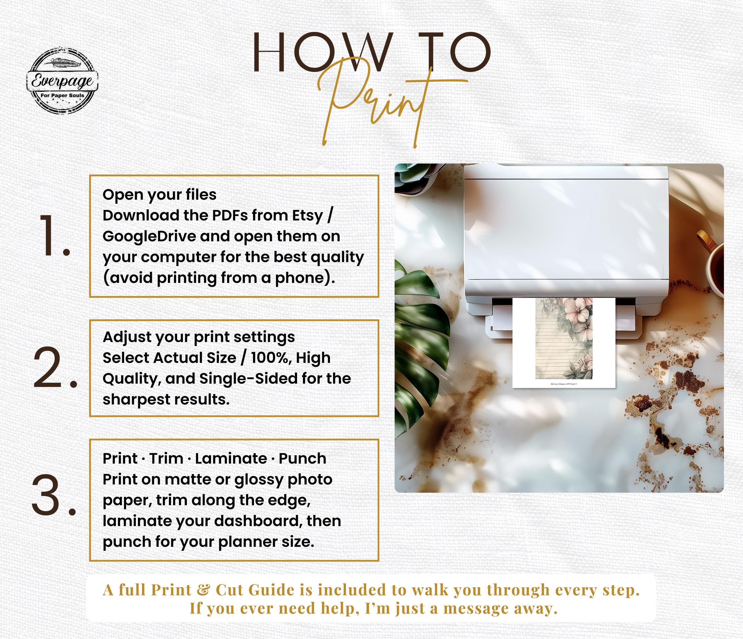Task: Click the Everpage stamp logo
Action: (63, 81)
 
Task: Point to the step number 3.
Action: (54, 495)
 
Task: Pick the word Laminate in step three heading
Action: (231, 458)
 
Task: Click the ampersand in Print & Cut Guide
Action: (204, 590)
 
